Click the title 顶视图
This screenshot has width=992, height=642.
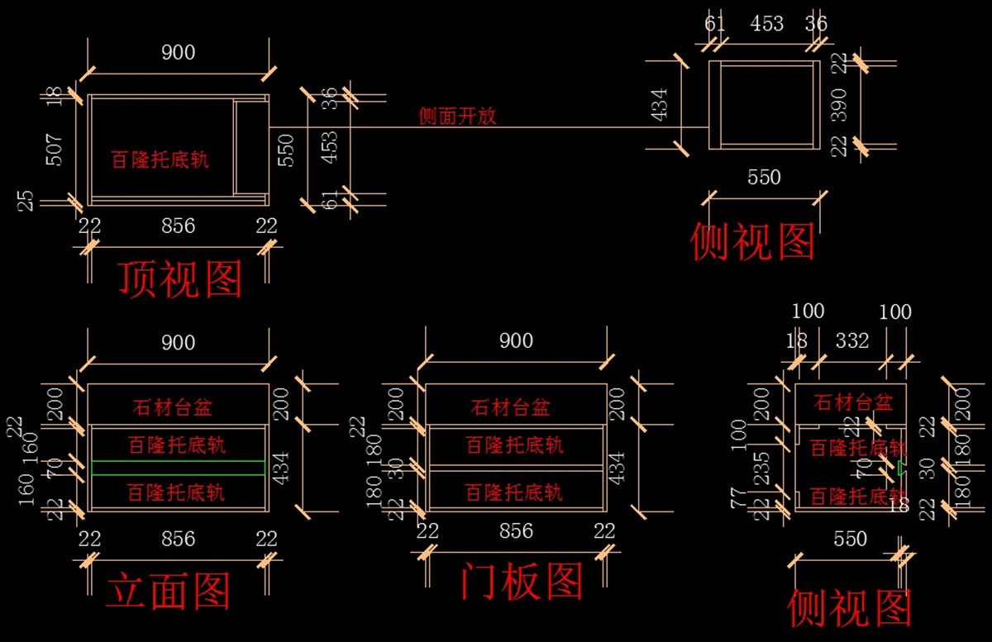180,279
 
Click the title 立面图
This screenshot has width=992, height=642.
168,592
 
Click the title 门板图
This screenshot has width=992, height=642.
522,581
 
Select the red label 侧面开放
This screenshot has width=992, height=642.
458,117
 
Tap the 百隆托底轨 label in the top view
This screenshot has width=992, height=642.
160,159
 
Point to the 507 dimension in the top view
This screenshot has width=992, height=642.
54,149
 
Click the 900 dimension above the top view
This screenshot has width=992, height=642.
179,53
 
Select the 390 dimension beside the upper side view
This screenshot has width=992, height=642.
839,104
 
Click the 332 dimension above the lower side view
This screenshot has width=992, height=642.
851,340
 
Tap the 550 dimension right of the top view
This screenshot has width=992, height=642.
286,149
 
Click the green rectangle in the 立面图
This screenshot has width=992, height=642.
178,468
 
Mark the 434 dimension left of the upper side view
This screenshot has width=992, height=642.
661,104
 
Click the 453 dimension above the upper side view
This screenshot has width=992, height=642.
766,24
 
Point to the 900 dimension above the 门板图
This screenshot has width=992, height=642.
516,340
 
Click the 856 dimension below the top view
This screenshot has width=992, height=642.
178,226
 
